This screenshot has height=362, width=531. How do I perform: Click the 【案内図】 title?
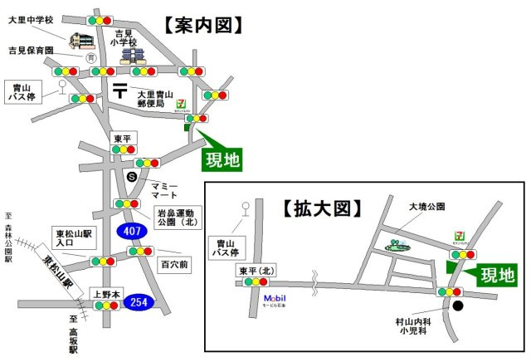click(x=202, y=25)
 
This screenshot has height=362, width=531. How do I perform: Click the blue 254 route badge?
click(x=139, y=303)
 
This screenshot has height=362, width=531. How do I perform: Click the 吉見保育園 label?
click(x=32, y=50)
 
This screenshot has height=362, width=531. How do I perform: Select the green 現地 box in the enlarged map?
click(x=498, y=273)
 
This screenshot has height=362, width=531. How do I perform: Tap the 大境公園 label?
click(x=427, y=206)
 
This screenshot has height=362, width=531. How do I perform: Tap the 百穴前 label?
click(x=173, y=265)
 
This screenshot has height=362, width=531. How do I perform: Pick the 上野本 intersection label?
click(x=105, y=293)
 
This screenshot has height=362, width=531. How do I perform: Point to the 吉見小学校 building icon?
click(x=132, y=56)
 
